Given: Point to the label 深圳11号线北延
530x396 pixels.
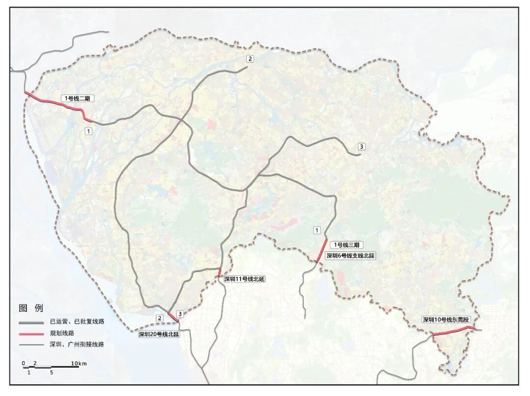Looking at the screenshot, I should tap(244, 279).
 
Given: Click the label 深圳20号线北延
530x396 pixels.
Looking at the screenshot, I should tap(159, 334).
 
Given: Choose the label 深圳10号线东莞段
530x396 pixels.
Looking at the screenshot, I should tap(449, 320).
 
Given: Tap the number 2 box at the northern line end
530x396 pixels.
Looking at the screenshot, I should tap(250, 59).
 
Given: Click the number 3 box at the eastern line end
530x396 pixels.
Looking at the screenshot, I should tap(362, 146).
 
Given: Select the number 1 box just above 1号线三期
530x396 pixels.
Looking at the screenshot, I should tap(317, 230).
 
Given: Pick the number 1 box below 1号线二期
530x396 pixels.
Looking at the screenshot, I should tap(88, 131).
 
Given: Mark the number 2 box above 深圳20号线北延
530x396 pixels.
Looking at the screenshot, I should tap(159, 318).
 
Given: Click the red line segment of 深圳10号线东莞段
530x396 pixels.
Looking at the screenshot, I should tap(451, 331).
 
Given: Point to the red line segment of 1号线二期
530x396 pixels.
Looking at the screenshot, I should tap(56, 104).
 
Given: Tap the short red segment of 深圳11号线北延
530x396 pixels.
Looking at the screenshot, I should tap(220, 272).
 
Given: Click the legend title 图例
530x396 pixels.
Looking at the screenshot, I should tap(31, 308).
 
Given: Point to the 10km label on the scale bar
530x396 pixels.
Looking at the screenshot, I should tap(79, 363).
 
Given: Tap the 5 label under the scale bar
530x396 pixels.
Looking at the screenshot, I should tap(52, 372).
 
